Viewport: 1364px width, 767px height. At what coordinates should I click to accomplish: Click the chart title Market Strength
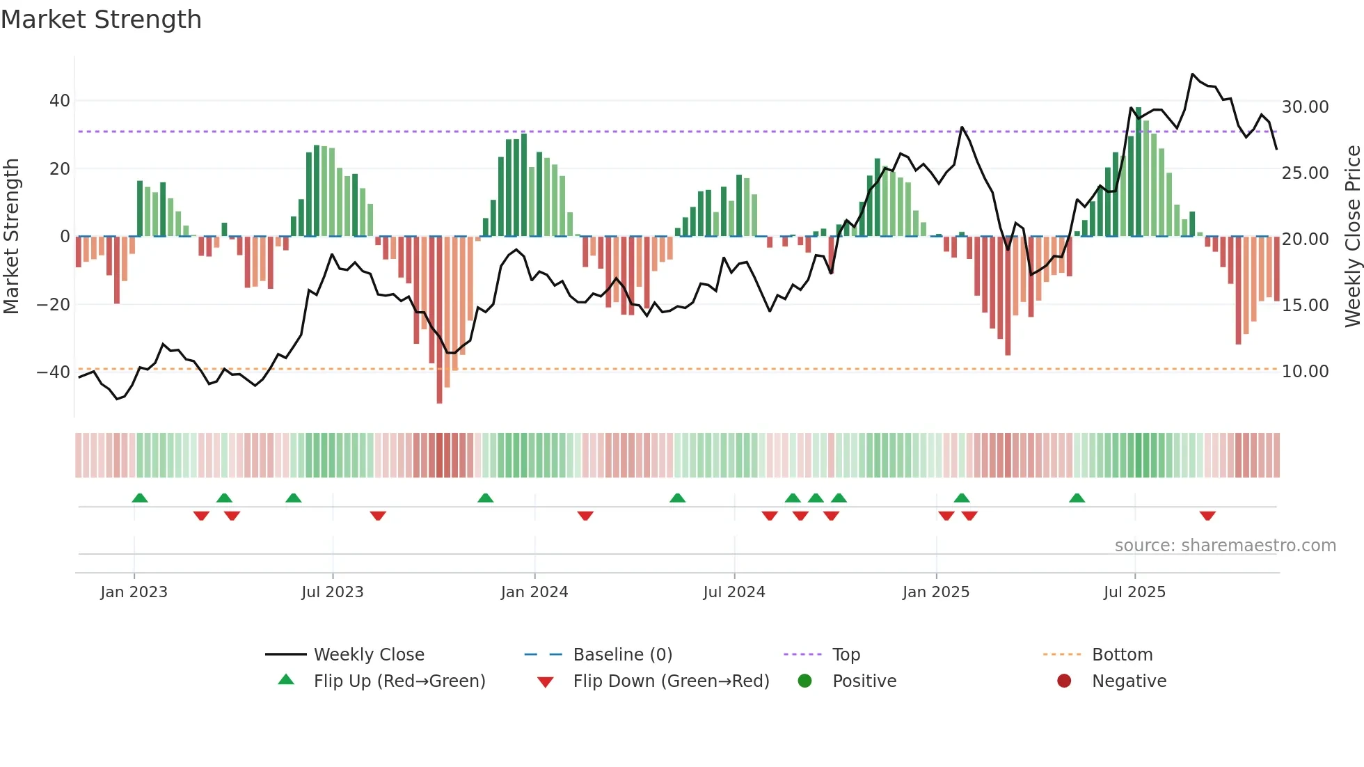pos(101,19)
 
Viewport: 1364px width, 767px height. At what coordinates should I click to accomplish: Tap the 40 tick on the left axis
pos(60,101)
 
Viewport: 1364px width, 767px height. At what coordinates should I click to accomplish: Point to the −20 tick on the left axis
pos(54,305)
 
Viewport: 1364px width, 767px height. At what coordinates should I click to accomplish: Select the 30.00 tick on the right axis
pos(1305,107)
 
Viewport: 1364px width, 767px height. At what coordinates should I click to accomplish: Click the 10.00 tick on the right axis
pos(1305,372)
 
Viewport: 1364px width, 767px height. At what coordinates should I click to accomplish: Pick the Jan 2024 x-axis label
pos(534,592)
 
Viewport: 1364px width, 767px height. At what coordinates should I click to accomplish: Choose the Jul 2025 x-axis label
pos(1134,592)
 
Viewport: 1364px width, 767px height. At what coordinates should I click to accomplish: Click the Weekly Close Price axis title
pos(1352,236)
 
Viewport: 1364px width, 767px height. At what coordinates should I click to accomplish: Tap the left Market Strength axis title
pos(11,236)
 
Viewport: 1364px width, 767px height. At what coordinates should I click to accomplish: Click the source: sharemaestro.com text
pos(1225,546)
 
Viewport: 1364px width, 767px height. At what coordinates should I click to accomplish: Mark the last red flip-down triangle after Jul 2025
pos(1207,516)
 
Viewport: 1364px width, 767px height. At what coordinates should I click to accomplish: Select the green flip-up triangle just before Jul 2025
pos(1077,498)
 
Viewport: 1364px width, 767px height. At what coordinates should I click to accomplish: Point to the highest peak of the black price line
pos(1192,74)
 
